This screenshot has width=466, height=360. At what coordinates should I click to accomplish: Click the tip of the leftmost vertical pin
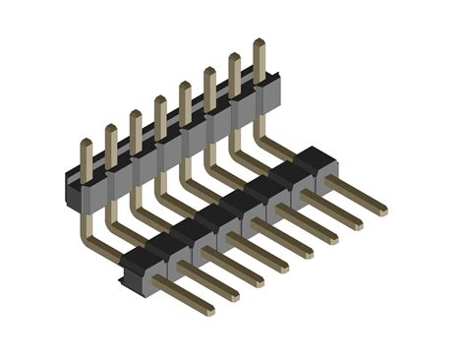point(86,145)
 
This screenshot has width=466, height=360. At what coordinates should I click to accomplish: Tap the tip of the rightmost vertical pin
point(259,43)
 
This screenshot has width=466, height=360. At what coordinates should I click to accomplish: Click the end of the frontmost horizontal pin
point(208,310)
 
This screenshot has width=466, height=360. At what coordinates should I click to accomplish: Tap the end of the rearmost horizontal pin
point(381,210)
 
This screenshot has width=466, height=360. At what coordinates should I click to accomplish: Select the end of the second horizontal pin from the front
point(233,295)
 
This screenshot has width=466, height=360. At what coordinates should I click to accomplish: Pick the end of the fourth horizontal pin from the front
point(283,267)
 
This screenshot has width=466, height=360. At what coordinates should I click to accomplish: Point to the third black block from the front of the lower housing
point(189,227)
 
